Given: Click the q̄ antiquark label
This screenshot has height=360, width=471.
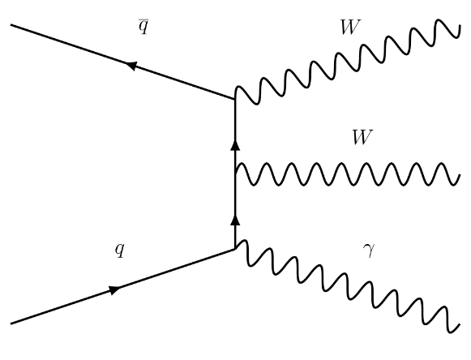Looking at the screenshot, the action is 143,27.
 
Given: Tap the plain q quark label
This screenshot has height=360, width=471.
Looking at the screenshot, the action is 119,250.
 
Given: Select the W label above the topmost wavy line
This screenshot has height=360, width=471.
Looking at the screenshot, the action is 349,28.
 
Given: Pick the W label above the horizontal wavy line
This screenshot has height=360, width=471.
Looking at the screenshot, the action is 362,137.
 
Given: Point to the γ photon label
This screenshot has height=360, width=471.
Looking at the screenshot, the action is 369,251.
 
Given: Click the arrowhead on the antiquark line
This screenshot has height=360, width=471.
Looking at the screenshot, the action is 131,65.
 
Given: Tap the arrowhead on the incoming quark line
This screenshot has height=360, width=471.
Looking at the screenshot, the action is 114,290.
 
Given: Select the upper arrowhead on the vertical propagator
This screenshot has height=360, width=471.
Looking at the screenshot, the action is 235,145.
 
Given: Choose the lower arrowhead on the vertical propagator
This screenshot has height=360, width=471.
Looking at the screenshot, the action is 235,220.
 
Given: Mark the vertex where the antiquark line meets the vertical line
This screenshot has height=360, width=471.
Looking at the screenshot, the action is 235,99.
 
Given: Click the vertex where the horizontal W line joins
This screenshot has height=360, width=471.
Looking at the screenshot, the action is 235,174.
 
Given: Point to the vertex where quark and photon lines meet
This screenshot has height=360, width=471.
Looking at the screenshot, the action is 235,249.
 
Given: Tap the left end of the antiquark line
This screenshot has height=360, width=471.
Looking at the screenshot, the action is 11,25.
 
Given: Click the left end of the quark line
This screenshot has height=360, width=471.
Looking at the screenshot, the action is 11,324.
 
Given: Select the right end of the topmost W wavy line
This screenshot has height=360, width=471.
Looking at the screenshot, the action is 460,27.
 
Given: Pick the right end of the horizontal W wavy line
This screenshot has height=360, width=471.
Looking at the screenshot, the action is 460,175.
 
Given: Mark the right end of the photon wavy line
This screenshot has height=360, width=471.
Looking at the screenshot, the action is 460,324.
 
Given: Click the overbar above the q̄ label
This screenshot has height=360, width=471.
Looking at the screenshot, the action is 143,19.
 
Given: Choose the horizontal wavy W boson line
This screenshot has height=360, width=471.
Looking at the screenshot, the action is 348,174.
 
